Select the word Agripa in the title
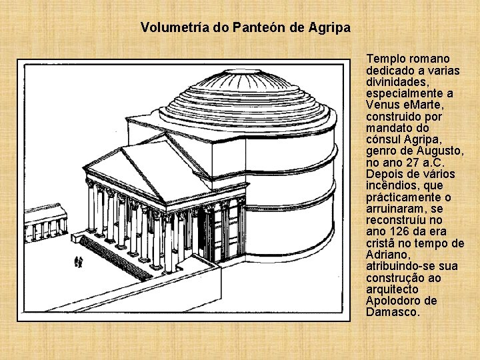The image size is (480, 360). (329, 28)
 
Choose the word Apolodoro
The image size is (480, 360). (392, 301)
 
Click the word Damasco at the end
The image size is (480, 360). (393, 312)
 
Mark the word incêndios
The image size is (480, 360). (393, 185)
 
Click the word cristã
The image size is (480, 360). (381, 243)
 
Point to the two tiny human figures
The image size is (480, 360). (79, 261)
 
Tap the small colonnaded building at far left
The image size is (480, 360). (45, 223)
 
